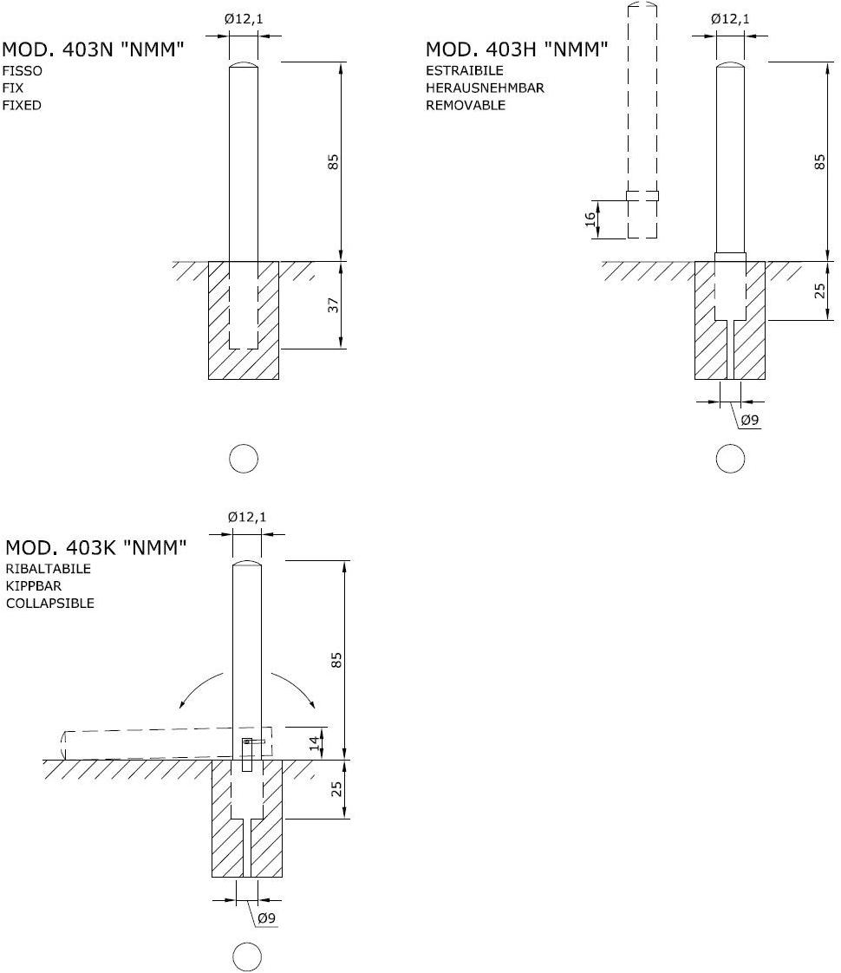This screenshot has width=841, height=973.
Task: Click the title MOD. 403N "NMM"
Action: point(93,49)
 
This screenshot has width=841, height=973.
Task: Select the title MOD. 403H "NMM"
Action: point(517,49)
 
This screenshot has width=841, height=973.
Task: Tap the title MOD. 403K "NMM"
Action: point(96,547)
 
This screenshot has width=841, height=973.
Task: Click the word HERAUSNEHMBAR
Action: point(485,88)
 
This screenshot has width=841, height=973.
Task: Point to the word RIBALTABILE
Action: point(49,568)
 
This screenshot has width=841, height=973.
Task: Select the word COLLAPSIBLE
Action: point(50,604)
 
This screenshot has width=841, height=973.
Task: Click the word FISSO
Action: point(23,71)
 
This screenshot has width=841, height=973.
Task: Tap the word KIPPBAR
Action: point(34,585)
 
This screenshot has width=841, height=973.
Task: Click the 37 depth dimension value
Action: point(334,304)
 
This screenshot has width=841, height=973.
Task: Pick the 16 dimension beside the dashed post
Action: point(590,219)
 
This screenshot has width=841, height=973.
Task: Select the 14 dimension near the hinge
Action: point(315,743)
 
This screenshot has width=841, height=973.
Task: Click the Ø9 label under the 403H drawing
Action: point(750,420)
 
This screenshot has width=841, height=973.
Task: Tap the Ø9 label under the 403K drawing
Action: point(266,917)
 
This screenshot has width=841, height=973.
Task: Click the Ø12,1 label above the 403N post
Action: point(244,19)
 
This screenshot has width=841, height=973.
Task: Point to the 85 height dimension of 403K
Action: point(336,660)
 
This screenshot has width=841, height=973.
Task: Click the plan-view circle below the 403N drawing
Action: point(243,460)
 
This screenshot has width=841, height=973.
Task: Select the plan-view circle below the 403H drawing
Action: point(730,460)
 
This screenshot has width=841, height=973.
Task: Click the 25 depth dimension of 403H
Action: point(820,291)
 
